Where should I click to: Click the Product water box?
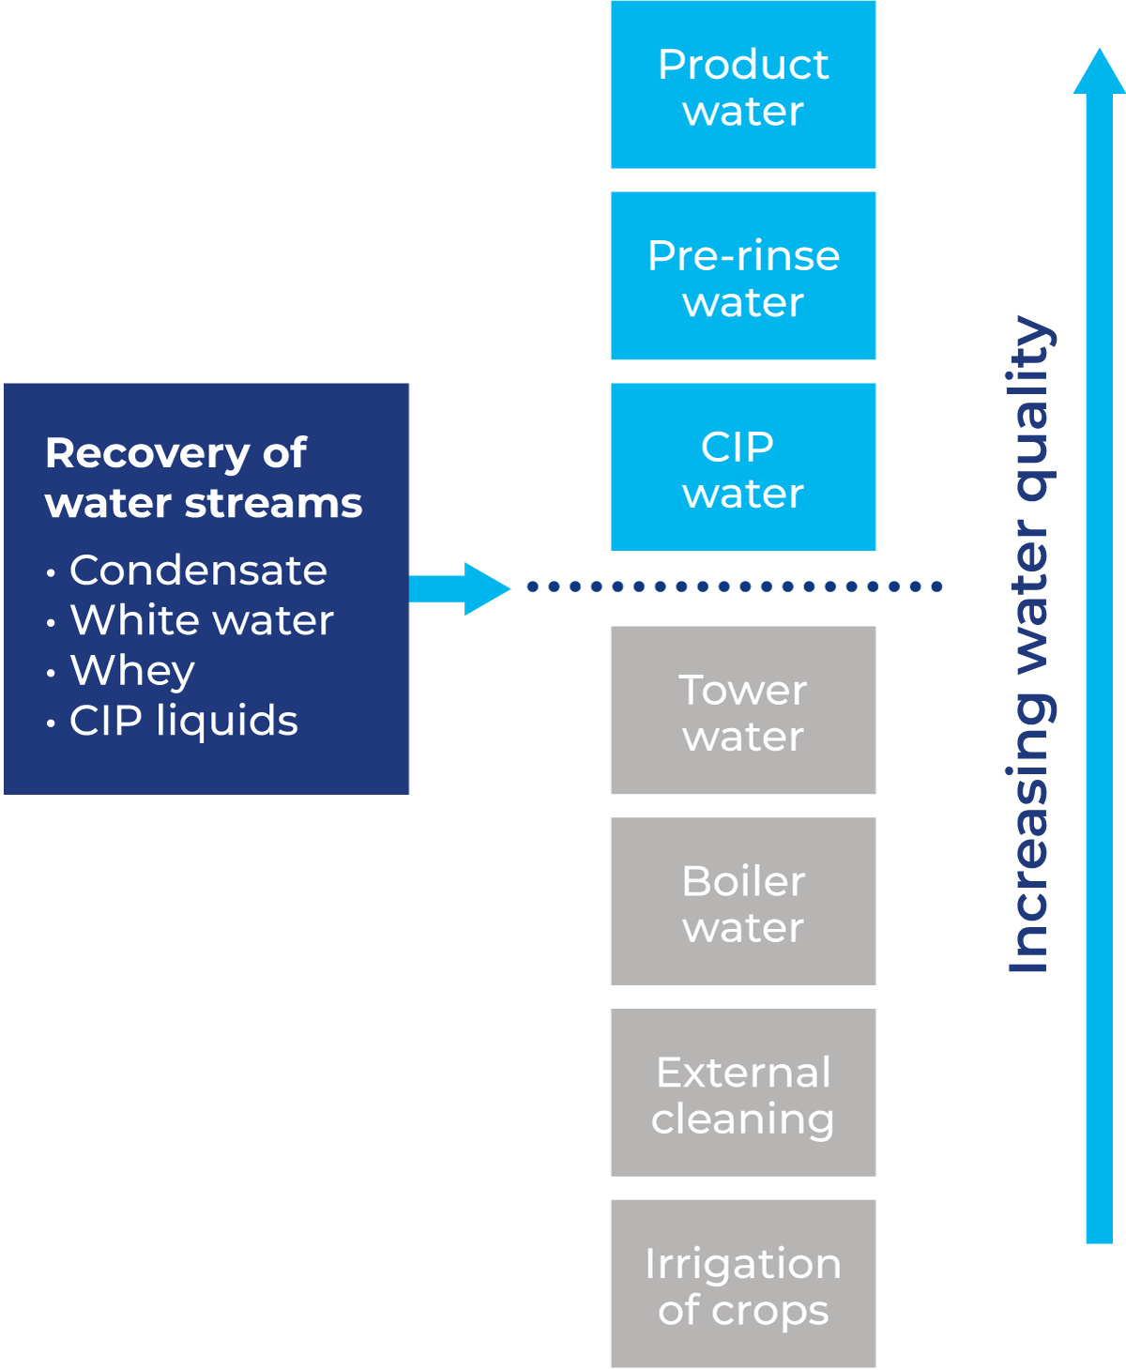(742, 85)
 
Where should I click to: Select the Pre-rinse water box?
(742, 276)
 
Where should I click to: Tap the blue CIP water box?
(742, 466)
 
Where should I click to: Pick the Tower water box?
(742, 710)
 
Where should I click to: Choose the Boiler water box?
(742, 901)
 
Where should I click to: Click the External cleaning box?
(742, 1092)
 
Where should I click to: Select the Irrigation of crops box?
(742, 1283)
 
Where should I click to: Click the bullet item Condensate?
(198, 571)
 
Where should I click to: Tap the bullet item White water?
(202, 620)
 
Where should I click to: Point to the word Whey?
(132, 671)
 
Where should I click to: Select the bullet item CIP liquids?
(183, 721)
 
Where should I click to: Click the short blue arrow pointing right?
(460, 588)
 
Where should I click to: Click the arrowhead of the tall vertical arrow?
(1098, 71)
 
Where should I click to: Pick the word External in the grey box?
(743, 1073)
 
